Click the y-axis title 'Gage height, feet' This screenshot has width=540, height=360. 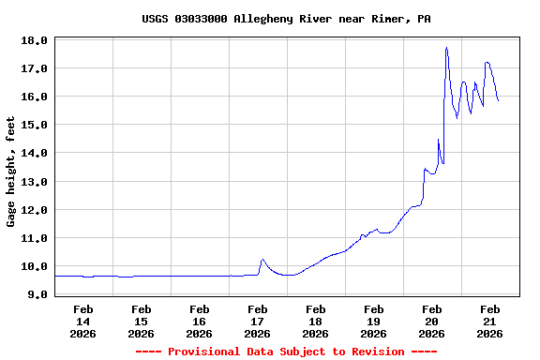point(11,172)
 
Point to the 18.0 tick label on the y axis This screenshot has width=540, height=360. point(34,40)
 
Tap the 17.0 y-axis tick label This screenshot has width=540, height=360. point(34,68)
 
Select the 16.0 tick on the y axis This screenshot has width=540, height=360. point(34,97)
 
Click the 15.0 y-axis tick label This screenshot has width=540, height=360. point(34,125)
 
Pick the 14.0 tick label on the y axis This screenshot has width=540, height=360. point(34,153)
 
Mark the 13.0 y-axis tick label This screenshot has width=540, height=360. point(34,181)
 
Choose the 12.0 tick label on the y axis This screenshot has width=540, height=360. point(34,210)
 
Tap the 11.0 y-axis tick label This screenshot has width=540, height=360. point(34,238)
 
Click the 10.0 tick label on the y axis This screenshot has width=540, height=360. point(34,266)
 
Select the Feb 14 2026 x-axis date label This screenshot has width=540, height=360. point(82,321)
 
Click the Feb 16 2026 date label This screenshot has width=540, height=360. point(199,321)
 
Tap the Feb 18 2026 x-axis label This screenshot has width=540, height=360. point(315,321)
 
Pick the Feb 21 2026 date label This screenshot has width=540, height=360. point(489,321)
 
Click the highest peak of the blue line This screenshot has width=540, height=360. point(446,47)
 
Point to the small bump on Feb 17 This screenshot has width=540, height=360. point(262,260)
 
